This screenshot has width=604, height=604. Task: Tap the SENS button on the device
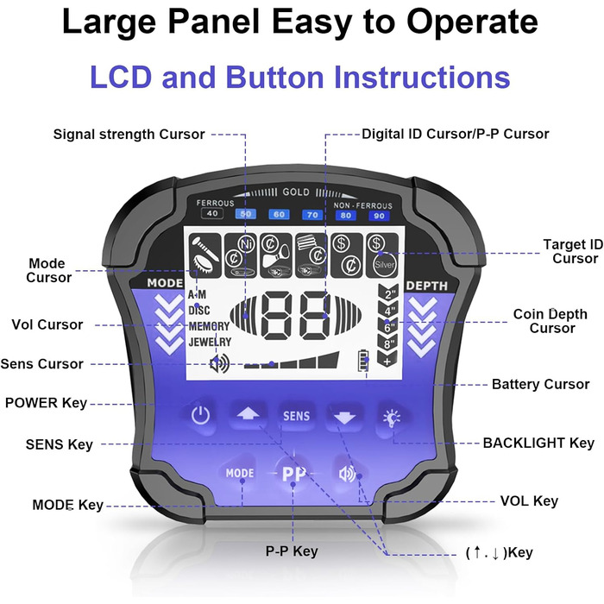coord(296,416)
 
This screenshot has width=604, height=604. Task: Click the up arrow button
coord(247,415)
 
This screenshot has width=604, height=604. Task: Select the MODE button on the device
coord(239,473)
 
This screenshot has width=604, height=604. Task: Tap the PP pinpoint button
coord(294,474)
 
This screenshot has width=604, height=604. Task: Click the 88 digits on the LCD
coord(295,317)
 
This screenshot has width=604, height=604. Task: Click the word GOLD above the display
coord(295,192)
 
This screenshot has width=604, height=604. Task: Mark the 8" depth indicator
coord(388,344)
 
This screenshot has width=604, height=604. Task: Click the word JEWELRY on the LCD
coord(210,342)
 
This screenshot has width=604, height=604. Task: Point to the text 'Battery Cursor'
coord(540,384)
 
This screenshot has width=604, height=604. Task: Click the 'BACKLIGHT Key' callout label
coord(538,443)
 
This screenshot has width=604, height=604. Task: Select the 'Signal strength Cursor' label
coord(129,134)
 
